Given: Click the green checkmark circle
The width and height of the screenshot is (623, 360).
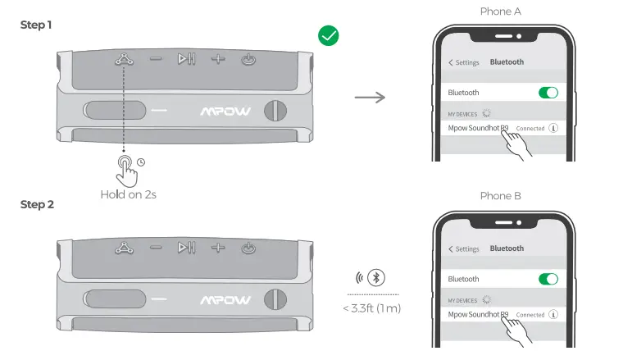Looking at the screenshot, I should point(329,35).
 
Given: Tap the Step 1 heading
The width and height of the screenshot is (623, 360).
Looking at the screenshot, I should point(37,25).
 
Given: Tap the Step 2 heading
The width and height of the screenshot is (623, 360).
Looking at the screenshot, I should point(37,204).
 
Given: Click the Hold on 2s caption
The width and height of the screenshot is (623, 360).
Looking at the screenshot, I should point(129,194).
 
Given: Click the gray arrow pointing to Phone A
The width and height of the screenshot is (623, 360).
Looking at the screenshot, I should point(370,98).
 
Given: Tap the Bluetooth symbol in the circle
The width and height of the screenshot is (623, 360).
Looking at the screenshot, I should point(376,276).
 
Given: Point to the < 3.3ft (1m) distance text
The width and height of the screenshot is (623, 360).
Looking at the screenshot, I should point(373,308).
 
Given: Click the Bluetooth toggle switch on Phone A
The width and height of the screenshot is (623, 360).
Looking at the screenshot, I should point(548,93).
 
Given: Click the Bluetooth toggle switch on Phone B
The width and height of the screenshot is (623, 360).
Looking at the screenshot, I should point(548,279).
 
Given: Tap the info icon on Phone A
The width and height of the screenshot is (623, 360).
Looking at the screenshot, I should point(553,129).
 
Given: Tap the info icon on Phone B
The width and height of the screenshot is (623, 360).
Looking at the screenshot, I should point(553,315).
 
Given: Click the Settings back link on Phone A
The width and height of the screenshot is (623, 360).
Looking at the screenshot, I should point(464,62).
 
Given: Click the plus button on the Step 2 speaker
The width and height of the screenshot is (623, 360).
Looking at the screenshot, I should point(217,246).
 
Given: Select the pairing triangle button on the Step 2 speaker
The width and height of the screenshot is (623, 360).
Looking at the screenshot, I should point(124,246).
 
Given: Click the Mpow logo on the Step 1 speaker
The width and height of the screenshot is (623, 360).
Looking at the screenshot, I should point(226,111).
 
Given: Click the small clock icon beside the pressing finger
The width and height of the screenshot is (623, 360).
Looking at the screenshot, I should point(141,162).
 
